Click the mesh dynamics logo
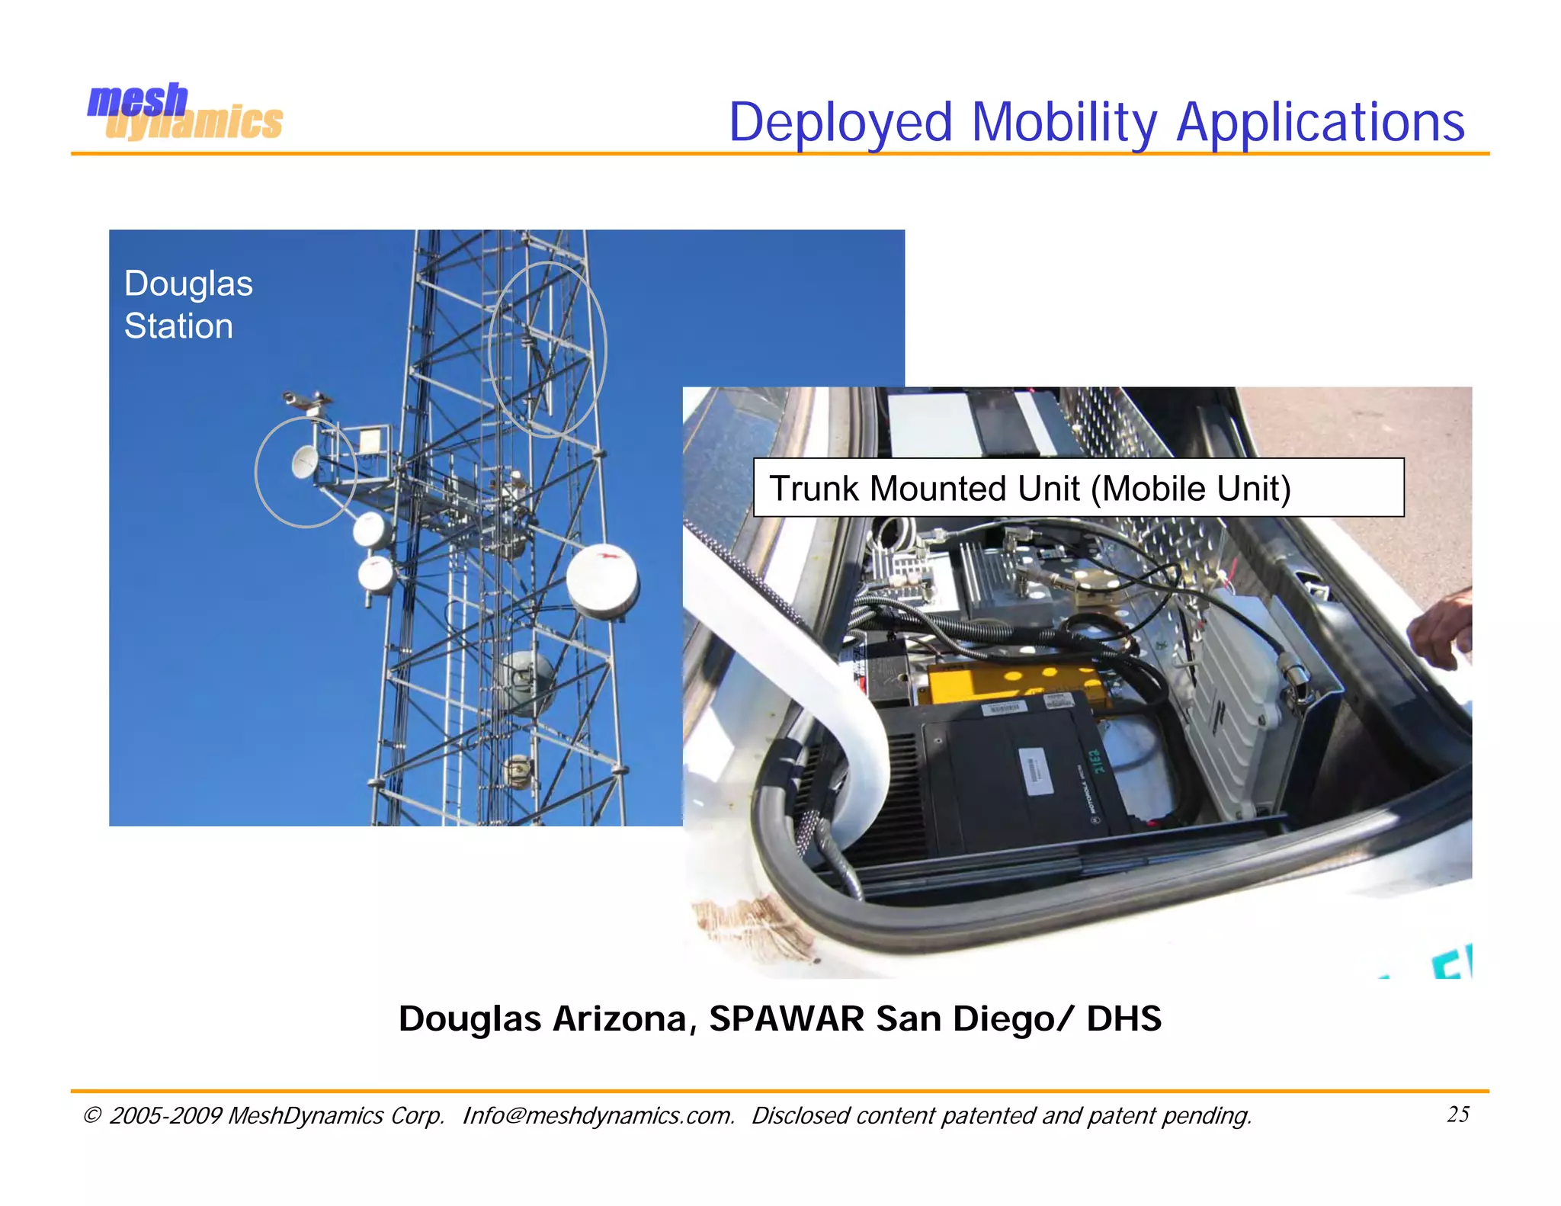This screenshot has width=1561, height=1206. [x=184, y=112]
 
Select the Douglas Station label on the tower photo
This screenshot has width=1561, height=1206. [x=188, y=304]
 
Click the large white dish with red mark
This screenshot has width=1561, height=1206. [x=602, y=581]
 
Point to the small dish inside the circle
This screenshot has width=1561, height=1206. [x=305, y=462]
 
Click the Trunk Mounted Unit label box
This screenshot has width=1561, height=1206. [x=1078, y=488]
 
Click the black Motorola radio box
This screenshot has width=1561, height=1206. [x=1021, y=770]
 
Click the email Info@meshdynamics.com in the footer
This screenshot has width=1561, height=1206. [x=598, y=1115]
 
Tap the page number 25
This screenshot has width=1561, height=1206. [x=1457, y=1114]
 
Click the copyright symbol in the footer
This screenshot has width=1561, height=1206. [x=91, y=1115]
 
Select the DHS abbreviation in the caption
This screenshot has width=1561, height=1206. [x=1123, y=1018]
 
